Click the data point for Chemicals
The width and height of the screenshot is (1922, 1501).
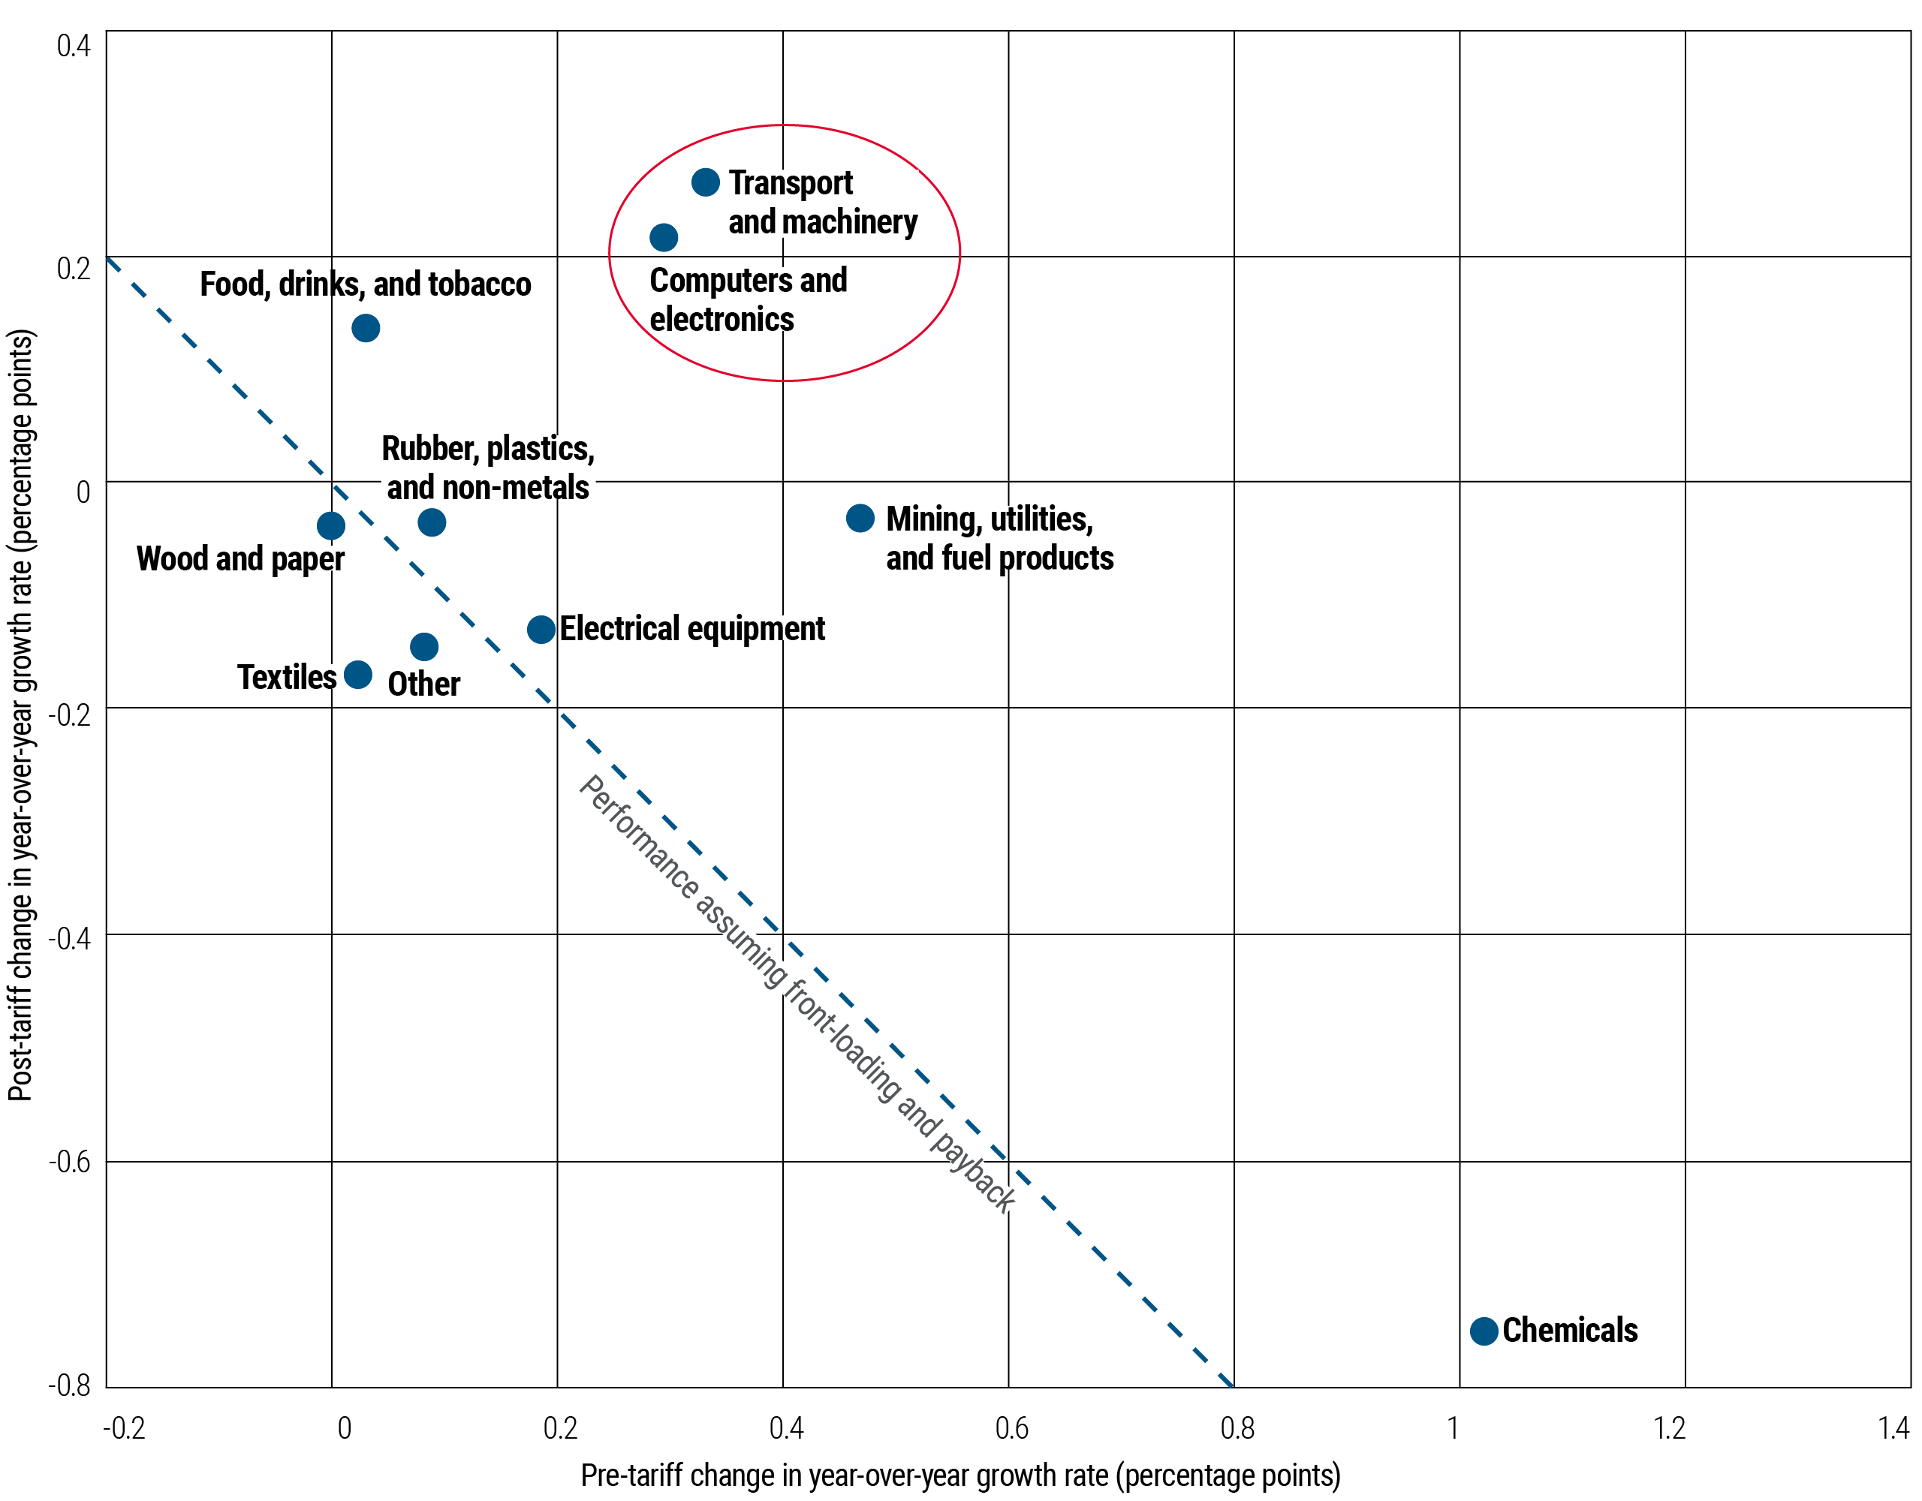(1484, 1331)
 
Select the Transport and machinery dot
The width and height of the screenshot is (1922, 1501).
(705, 182)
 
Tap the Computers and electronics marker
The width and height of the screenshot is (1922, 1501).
(664, 238)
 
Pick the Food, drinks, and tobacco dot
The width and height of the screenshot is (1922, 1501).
(365, 328)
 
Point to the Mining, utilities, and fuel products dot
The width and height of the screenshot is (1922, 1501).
(860, 519)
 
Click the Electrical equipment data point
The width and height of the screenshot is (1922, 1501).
(541, 629)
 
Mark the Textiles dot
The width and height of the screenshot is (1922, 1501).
(357, 675)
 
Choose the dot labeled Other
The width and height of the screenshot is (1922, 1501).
(424, 647)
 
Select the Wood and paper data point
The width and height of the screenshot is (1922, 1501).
(330, 526)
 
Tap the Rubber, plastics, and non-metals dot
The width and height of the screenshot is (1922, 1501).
(431, 522)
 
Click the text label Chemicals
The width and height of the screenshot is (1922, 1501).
(1570, 1331)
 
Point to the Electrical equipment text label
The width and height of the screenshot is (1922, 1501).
(691, 629)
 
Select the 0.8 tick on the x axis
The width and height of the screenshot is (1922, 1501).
(1237, 1427)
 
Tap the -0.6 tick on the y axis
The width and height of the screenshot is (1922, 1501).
(71, 1161)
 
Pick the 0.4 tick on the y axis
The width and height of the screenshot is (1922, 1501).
(73, 46)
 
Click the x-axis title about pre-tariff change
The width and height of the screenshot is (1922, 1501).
(960, 1475)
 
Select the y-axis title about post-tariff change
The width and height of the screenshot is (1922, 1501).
(21, 714)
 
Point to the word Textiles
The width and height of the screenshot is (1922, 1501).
(287, 677)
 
